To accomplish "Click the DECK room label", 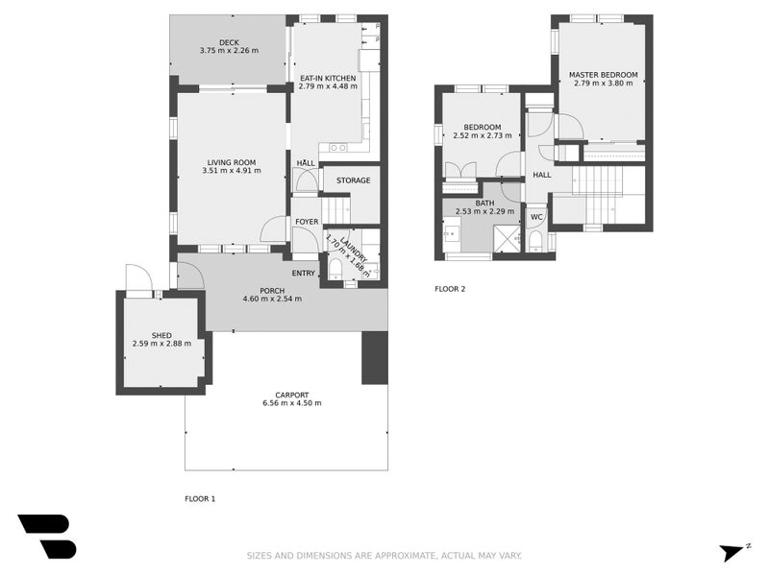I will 229,42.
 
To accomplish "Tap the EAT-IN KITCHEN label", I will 328,78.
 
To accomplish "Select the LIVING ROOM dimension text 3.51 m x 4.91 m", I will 232,171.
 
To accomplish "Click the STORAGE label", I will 353,180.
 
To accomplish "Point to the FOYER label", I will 307,222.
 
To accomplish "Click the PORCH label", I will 272,291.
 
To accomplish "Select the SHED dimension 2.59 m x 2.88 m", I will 161,344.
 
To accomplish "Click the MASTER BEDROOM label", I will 603,74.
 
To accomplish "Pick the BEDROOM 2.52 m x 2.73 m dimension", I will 482,135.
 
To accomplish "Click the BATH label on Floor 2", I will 484,203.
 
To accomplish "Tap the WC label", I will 536,216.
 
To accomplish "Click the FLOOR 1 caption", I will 200,498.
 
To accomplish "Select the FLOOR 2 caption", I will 450,288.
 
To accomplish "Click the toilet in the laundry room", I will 335,270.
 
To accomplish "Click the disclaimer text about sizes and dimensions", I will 384,555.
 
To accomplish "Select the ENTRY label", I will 304,273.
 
